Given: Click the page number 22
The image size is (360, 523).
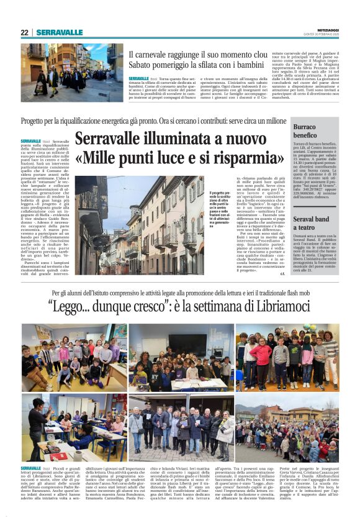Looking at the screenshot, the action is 25,32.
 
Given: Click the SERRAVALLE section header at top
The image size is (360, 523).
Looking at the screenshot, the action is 60,32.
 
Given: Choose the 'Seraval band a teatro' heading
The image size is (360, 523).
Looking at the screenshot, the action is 311,224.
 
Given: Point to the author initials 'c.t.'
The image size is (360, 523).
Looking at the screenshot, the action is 282,273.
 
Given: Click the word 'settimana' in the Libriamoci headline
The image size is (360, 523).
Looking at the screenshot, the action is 217,309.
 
